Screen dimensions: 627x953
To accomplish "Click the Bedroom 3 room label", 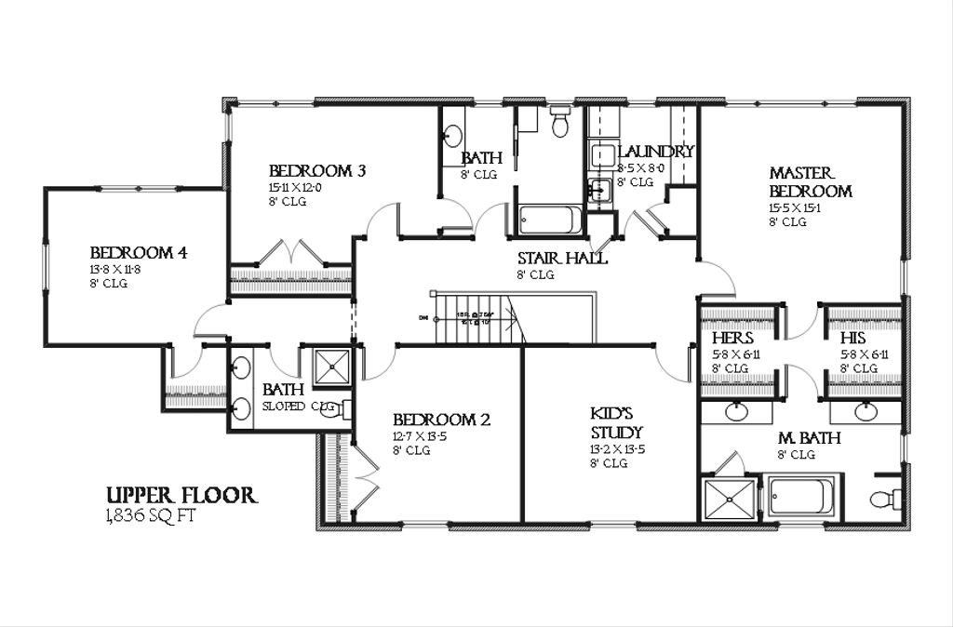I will coord(316,171).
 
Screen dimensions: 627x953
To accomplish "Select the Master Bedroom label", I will coord(810,182).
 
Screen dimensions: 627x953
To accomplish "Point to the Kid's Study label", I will coord(616,423).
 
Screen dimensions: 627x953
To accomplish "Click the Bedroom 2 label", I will coord(440,420).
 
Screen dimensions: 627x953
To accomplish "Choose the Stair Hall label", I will coord(562,259).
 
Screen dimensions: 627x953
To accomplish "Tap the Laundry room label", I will coord(655,152).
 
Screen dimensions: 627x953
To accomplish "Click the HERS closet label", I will coord(732,339).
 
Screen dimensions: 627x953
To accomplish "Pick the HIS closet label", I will coord(852,339).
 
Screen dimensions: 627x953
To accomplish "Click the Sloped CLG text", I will coord(297,407).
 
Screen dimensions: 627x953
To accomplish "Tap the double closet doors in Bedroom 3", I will coord(291,254).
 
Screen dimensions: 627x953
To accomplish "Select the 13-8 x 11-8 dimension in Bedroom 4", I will coord(115,270).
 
